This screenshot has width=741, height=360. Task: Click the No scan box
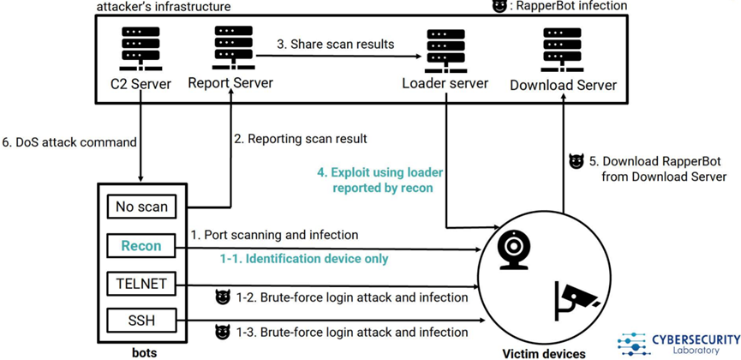click(x=140, y=207)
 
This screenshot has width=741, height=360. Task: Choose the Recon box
click(x=140, y=245)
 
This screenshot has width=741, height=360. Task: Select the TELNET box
click(x=140, y=284)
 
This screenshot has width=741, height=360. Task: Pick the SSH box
click(x=140, y=321)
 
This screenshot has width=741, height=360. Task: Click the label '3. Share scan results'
click(x=335, y=44)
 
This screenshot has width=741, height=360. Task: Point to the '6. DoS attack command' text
click(x=65, y=141)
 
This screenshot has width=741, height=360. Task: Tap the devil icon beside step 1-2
click(x=223, y=297)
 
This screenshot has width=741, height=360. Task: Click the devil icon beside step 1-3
click(x=223, y=332)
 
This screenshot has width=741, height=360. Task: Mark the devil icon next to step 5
click(x=576, y=161)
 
